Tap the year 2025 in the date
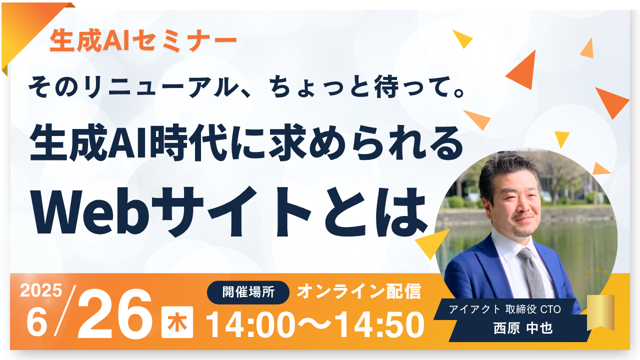[41, 290]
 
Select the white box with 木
[177, 322]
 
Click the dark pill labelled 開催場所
[248, 292]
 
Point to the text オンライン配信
[358, 291]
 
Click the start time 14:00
[250, 325]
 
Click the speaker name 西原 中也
[523, 328]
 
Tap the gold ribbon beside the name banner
[600, 312]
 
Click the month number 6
[37, 323]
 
